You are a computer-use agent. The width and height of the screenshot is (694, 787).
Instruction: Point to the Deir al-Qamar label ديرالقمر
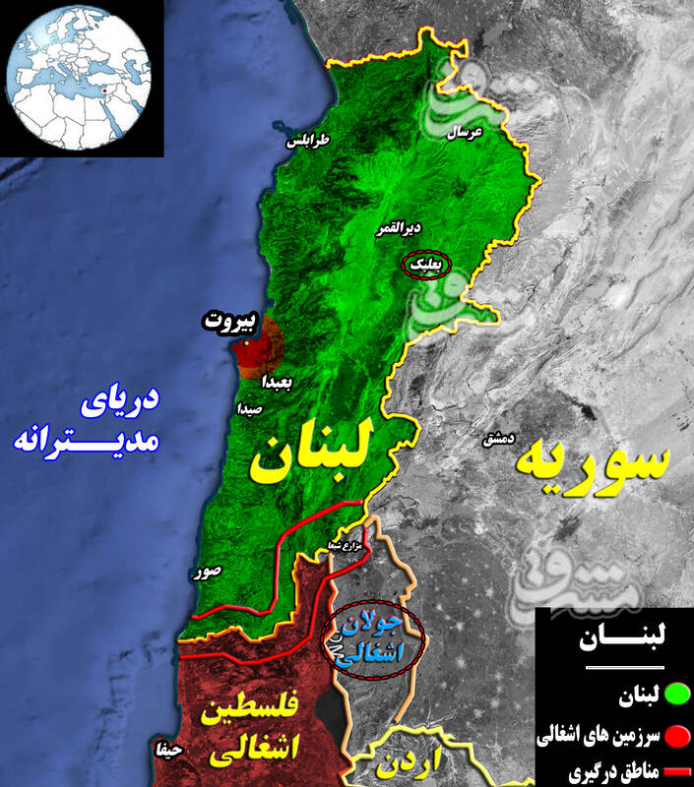pos(399,228)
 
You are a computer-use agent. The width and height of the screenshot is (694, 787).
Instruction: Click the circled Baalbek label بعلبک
pos(427,264)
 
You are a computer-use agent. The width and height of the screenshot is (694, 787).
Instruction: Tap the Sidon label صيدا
pos(249,406)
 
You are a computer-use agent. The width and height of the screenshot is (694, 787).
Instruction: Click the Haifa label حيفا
pos(167,750)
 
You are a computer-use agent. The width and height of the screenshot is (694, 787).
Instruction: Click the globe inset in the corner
pos(81,78)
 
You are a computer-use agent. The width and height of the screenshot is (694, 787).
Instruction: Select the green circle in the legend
pos(677,699)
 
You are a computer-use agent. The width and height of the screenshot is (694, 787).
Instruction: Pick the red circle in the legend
pos(677,735)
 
